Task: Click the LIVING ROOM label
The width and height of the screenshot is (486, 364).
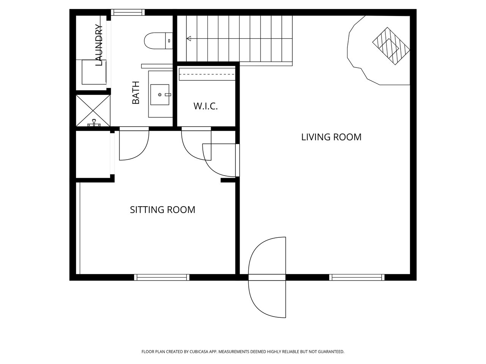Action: pyautogui.click(x=331, y=137)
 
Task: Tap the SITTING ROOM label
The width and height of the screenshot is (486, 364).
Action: pyautogui.click(x=163, y=210)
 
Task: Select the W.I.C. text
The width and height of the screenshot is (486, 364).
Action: pyautogui.click(x=206, y=106)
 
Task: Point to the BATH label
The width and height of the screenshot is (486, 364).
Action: pyautogui.click(x=136, y=93)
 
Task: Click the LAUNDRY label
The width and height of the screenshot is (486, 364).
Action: pyautogui.click(x=99, y=45)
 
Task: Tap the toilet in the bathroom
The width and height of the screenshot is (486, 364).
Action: pyautogui.click(x=158, y=41)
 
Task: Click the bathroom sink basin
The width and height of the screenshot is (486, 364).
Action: pyautogui.click(x=160, y=94)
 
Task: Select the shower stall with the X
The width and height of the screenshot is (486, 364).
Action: pyautogui.click(x=93, y=110)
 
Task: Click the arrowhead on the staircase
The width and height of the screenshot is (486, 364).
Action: pyautogui.click(x=189, y=39)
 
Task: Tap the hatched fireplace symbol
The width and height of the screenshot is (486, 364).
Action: pyautogui.click(x=391, y=46)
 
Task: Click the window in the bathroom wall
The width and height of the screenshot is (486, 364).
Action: pyautogui.click(x=128, y=12)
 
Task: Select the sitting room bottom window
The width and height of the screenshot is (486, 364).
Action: pyautogui.click(x=162, y=278)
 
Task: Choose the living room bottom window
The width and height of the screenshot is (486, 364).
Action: pyautogui.click(x=357, y=278)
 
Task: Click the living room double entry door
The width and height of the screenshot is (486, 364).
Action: pyautogui.click(x=267, y=278)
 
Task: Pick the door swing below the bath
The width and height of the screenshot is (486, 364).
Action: pyautogui.click(x=134, y=143)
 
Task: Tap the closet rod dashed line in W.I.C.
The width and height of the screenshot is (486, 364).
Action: pyautogui.click(x=207, y=74)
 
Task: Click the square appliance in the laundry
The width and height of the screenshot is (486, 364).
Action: pyautogui.click(x=94, y=72)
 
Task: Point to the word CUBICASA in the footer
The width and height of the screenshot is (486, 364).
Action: pyautogui.click(x=199, y=351)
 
